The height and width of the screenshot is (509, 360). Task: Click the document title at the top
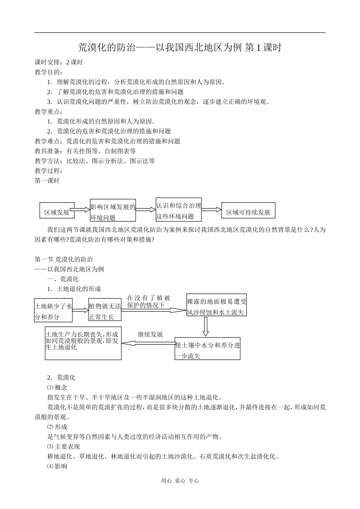[180, 47]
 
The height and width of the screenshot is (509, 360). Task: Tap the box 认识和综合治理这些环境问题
[178, 211]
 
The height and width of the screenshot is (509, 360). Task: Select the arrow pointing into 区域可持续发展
[211, 209]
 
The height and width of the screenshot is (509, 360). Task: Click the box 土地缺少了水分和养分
[53, 311]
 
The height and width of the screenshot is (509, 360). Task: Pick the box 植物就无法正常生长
[105, 311]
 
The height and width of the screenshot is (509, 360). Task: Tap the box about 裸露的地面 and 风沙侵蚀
[216, 306]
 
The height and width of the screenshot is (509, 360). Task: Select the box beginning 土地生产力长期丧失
[83, 343]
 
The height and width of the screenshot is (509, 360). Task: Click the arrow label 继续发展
[150, 334]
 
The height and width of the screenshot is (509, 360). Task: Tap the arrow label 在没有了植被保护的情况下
[149, 302]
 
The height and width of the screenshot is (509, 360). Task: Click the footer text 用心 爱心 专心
[180, 481]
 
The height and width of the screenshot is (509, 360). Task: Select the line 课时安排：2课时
[59, 62]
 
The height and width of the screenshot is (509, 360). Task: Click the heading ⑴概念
[57, 387]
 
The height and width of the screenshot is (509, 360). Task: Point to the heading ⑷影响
[57, 466]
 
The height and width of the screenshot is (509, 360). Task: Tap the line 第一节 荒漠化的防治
[64, 259]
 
